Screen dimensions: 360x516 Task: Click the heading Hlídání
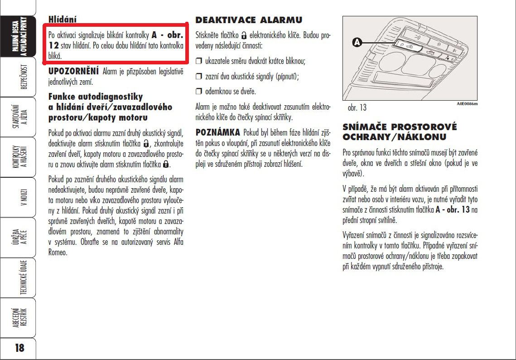pyautogui.click(x=63, y=19)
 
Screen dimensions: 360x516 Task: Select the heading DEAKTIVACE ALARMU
pyautogui.click(x=249, y=20)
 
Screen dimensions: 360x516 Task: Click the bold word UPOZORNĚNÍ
pyautogui.click(x=73, y=71)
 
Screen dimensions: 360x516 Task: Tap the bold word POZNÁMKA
pyautogui.click(x=217, y=132)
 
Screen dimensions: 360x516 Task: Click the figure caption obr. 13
pyautogui.click(x=357, y=108)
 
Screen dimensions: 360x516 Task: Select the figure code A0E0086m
pyautogui.click(x=467, y=104)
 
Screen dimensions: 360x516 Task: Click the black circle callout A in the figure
pyautogui.click(x=357, y=42)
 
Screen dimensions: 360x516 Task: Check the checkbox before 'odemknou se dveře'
pyautogui.click(x=198, y=92)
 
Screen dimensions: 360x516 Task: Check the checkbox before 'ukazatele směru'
pyautogui.click(x=198, y=61)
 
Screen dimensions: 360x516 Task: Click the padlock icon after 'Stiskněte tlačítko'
pyautogui.click(x=244, y=35)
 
